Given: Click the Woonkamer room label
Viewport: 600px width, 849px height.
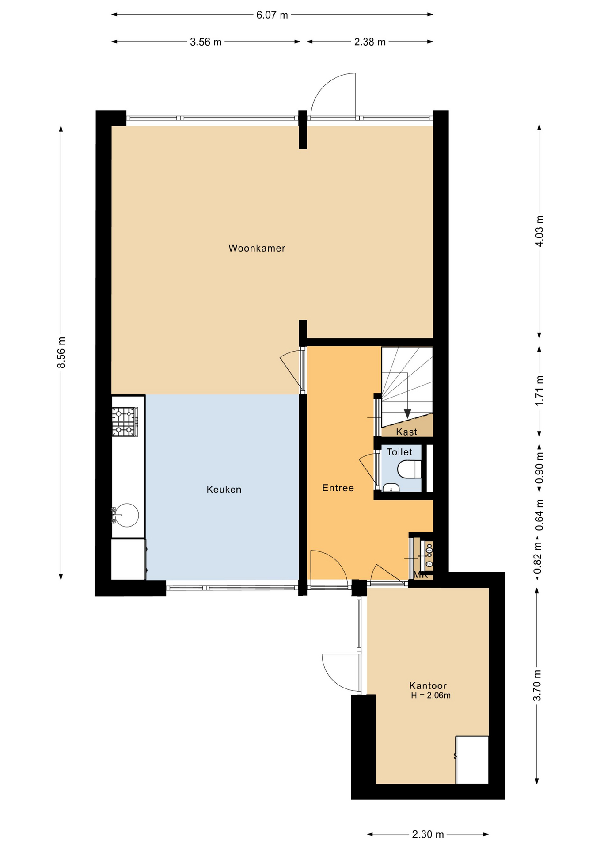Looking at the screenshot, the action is tap(257, 249).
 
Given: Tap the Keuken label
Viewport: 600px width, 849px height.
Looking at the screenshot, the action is tap(224, 490).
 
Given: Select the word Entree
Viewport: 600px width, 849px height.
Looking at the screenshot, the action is tap(338, 488).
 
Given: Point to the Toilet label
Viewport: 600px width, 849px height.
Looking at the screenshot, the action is tap(399, 452).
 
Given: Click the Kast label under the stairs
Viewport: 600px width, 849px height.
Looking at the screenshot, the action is tap(406, 432).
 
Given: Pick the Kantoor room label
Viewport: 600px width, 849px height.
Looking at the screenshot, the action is tap(428, 686).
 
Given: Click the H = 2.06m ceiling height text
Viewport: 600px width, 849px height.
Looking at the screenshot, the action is tap(431, 696).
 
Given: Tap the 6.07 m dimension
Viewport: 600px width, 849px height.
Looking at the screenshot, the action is tap(272, 15).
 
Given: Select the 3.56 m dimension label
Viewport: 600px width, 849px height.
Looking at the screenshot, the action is tap(206, 42).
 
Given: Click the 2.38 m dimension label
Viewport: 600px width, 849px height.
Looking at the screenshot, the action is tap(370, 42).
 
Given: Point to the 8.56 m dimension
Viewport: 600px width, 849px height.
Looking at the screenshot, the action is tap(61, 352).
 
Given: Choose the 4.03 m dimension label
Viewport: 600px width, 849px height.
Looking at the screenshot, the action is tap(539, 232).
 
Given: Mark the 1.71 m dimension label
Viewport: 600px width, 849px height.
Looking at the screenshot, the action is tap(539, 390).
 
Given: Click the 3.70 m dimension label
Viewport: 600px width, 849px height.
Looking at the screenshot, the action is tap(537, 685).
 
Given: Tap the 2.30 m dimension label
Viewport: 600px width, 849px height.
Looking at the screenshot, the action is tap(428, 834).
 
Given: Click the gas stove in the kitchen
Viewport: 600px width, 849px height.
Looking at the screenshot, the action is tap(125, 422).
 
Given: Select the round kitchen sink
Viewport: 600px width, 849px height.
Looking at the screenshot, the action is tap(126, 515).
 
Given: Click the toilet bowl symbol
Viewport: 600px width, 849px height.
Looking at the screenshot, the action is tap(410, 470).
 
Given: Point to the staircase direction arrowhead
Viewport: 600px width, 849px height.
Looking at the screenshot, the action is tap(407, 414).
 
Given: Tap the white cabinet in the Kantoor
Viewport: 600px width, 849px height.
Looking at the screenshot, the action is tap(472, 760).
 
